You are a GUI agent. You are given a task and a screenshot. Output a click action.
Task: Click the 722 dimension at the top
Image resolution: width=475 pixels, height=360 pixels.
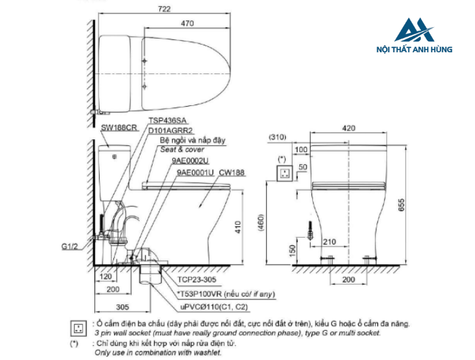(x=164, y=9)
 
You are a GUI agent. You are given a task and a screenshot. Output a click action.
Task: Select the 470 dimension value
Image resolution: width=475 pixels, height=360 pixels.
(x=187, y=23)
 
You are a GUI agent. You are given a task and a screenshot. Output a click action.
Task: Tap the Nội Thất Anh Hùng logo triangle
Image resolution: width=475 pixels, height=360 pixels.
(x=414, y=30)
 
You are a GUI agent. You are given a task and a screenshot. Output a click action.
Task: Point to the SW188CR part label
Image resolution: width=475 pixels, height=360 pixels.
(x=119, y=128)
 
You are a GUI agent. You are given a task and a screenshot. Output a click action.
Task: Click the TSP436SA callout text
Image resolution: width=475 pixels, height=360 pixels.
(x=167, y=121)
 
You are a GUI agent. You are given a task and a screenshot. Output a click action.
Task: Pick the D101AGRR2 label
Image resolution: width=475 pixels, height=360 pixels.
(x=170, y=130)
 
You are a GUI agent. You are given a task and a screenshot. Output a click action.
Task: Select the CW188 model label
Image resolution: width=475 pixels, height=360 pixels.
(x=231, y=173)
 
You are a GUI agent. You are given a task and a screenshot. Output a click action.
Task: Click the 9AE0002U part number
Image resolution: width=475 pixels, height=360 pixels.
(x=190, y=160)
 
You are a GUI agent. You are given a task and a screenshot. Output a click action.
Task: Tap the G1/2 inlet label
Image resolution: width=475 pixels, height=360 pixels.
(x=70, y=247)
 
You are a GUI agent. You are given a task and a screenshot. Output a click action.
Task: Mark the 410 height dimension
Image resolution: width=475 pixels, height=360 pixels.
(x=237, y=227)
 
